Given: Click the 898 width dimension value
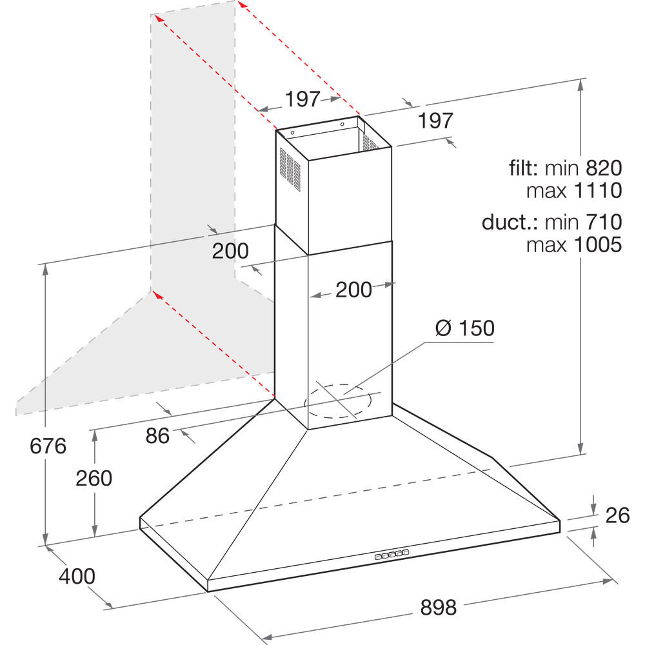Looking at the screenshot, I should point(438,607).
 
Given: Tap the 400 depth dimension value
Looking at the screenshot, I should point(77,575).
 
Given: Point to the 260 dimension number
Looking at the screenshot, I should point(94,478).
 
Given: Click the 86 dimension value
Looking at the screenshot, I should point(157,436).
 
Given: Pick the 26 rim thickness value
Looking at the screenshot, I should point(617,516).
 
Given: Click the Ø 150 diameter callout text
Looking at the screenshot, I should point(464,328).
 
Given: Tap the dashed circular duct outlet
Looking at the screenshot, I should point(340,401).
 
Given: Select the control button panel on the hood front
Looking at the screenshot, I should point(392,553).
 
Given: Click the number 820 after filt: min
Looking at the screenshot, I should point(604,168).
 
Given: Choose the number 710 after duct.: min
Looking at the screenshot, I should point(604,223).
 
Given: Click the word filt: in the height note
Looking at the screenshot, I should point(523,168).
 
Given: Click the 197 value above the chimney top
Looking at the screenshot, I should point(303,99).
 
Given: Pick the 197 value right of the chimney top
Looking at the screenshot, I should point(435,121).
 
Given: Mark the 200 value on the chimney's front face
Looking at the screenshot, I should point(353,290).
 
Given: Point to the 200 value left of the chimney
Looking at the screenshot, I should point(230,251).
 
